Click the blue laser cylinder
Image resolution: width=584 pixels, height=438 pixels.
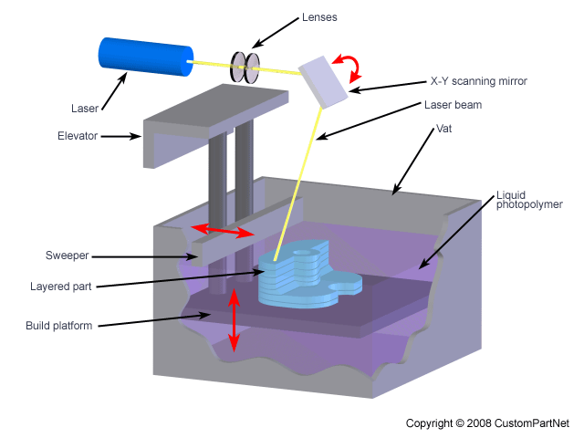144,57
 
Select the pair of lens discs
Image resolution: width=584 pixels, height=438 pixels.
245,68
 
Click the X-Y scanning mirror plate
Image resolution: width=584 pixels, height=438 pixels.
324,78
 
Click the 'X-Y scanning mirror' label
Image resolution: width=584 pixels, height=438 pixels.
478,81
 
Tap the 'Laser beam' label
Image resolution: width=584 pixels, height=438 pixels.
453,105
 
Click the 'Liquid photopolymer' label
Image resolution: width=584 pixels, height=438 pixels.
529,200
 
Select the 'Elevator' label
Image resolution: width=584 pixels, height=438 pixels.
77,136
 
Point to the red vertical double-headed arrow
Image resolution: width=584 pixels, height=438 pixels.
235,319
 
